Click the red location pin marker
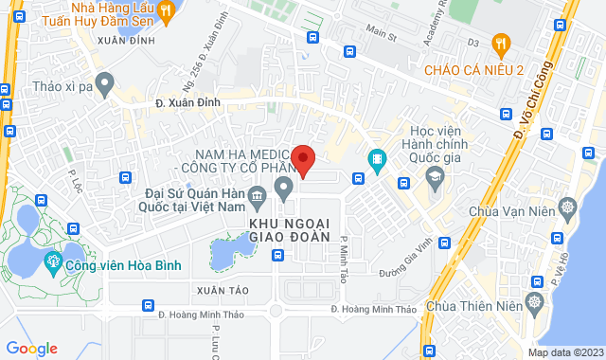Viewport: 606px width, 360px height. tap(303, 160)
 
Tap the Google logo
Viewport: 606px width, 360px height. tap(31, 349)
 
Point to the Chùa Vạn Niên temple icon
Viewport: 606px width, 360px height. tap(567, 207)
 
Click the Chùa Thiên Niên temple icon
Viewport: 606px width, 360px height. tap(534, 305)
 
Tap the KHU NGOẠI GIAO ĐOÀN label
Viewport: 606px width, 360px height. tap(289, 229)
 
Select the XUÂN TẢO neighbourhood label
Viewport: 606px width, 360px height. tap(209, 287)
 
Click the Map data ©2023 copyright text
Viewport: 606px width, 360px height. tap(564, 352)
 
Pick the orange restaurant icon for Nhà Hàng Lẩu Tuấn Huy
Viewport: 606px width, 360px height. tap(167, 11)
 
